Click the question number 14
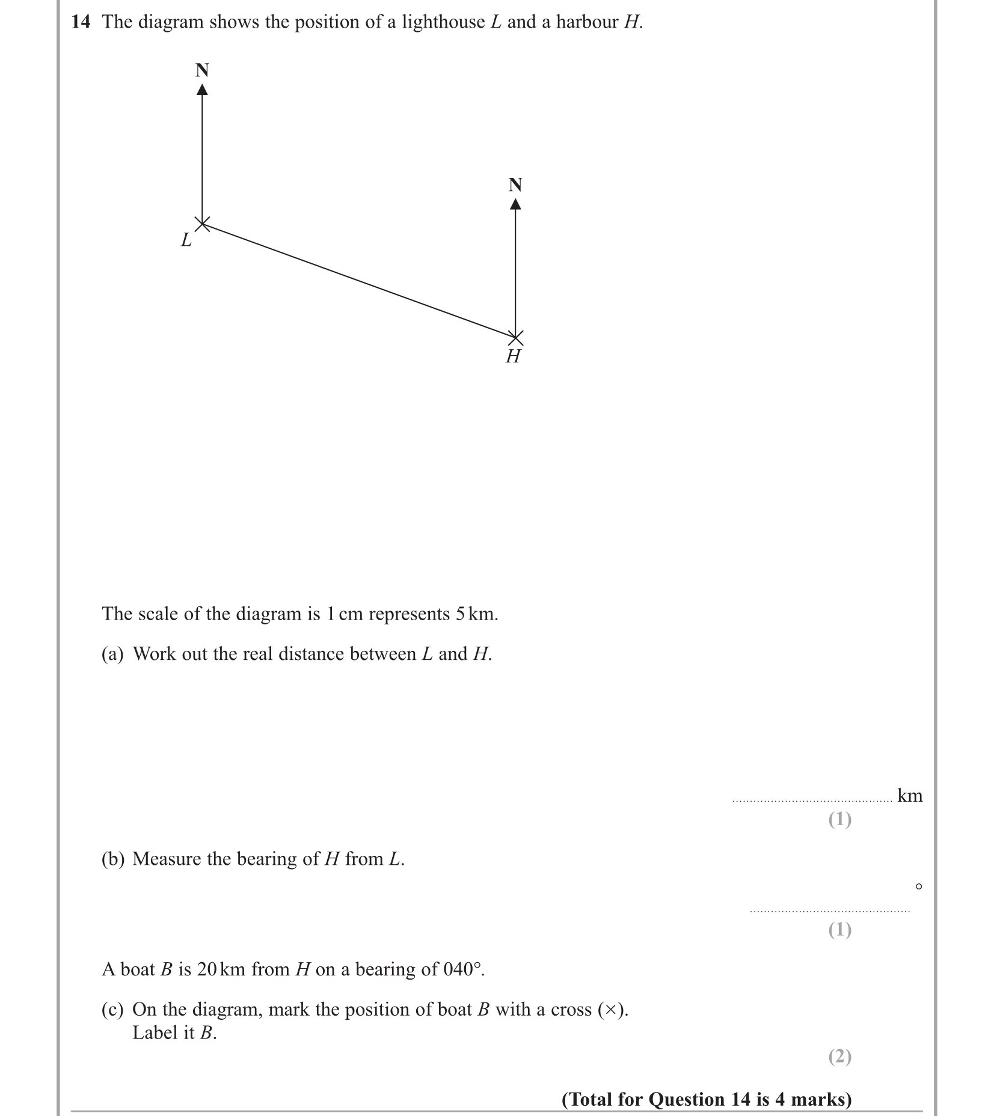(81, 22)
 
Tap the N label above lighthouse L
(203, 70)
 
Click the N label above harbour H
(515, 184)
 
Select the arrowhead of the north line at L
(203, 90)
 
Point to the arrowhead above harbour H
(515, 204)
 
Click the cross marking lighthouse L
(203, 224)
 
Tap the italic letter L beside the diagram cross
(186, 240)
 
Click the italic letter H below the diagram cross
(513, 356)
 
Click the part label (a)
(112, 654)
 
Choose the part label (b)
(113, 859)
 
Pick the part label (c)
(112, 1009)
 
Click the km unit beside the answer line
(909, 796)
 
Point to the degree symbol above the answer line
(918, 886)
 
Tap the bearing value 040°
(462, 969)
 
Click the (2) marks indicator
(839, 1056)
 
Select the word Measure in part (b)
(167, 859)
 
